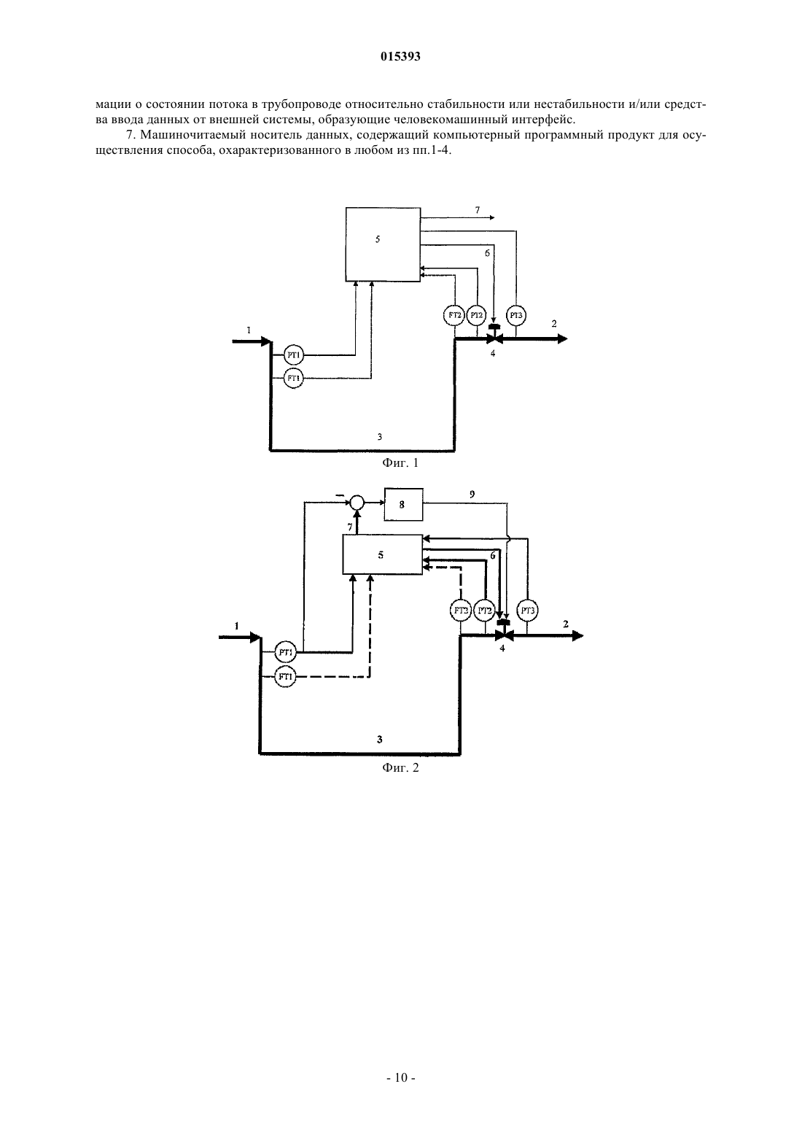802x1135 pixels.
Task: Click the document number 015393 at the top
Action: (400, 57)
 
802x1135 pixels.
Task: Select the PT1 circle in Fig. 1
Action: (293, 355)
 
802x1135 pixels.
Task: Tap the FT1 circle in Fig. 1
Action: (293, 379)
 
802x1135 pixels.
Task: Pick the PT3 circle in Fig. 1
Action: (516, 316)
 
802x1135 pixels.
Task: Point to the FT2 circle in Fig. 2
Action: (461, 611)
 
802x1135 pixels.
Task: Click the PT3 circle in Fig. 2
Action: (528, 611)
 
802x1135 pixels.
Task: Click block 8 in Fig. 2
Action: (403, 504)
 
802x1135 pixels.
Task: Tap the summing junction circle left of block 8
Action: (357, 503)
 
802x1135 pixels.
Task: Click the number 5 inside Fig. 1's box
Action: (378, 239)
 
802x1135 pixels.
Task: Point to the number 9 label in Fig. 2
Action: (472, 494)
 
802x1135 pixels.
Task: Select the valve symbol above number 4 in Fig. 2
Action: (503, 632)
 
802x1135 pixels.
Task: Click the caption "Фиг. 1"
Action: (400, 462)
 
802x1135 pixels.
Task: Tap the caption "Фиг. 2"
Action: (400, 767)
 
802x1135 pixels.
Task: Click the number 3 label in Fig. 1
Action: (380, 436)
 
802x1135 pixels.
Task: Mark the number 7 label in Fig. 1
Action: (478, 210)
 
